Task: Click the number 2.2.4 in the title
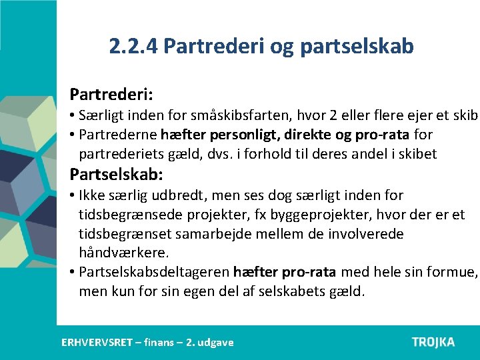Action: click(133, 46)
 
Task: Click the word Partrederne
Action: click(117, 135)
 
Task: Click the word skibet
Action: click(417, 155)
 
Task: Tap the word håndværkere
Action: click(124, 253)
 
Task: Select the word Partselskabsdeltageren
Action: click(154, 273)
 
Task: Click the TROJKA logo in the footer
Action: click(433, 342)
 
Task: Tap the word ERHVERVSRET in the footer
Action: click(97, 342)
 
